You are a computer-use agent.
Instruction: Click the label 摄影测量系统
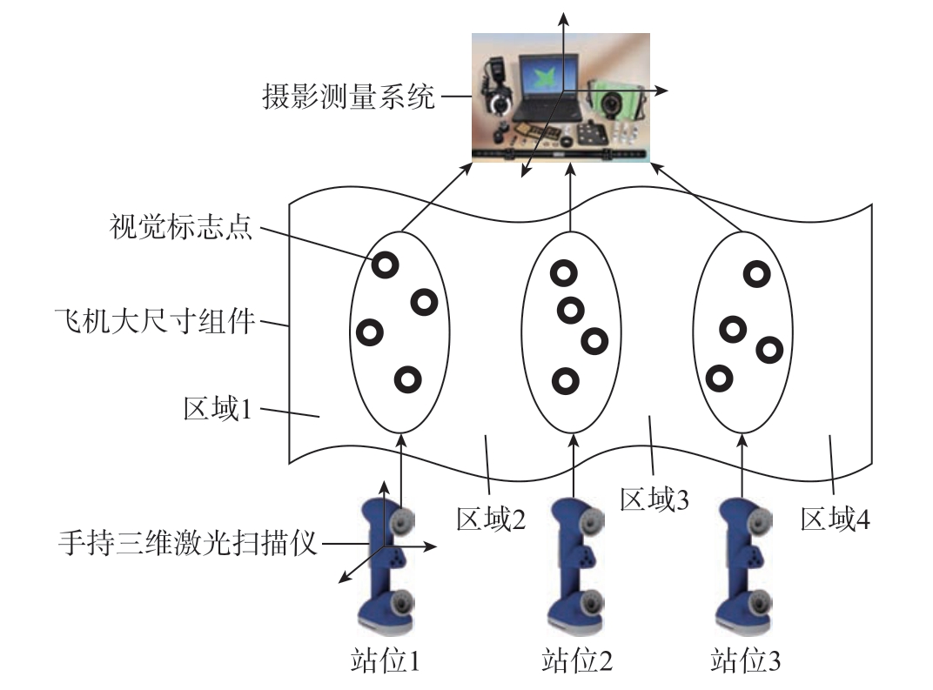click(x=349, y=97)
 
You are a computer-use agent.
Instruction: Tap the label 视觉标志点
click(x=181, y=226)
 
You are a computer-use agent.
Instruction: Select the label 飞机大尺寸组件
click(x=155, y=321)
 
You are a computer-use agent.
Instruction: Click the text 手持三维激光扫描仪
click(x=187, y=542)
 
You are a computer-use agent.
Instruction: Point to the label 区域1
click(x=218, y=409)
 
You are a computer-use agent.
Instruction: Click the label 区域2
click(x=491, y=519)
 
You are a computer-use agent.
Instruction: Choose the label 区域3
click(x=654, y=499)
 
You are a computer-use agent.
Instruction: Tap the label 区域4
click(x=835, y=519)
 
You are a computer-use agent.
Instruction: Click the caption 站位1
click(x=385, y=661)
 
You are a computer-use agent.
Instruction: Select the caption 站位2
click(x=576, y=661)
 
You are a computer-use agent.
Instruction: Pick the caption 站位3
click(x=745, y=661)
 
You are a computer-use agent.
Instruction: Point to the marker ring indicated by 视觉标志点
click(x=385, y=265)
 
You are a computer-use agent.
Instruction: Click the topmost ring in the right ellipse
click(x=756, y=274)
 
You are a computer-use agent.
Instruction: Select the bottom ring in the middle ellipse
click(x=565, y=381)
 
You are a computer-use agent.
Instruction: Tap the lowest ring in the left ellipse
click(x=407, y=379)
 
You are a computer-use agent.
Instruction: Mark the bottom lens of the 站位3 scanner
click(x=760, y=604)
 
